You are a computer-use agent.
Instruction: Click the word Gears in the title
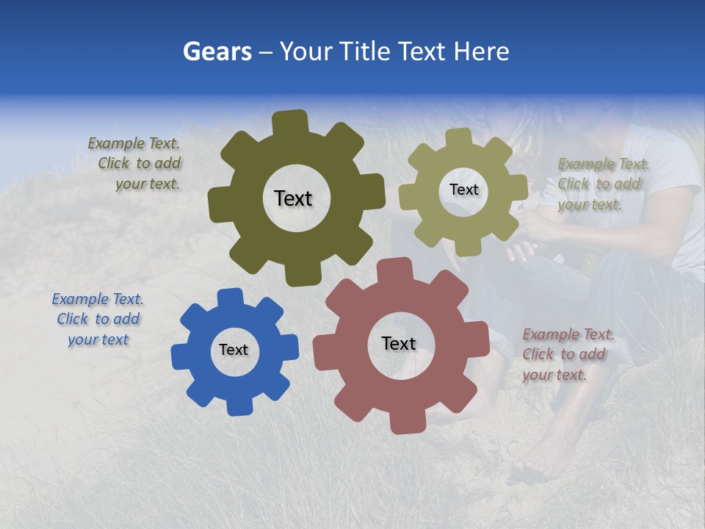tap(217, 51)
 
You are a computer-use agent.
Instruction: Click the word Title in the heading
tap(365, 51)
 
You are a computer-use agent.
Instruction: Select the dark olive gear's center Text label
tap(293, 198)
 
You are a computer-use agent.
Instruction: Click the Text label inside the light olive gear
tap(463, 190)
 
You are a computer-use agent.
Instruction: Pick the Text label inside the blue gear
tap(234, 350)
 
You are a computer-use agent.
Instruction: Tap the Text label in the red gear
tap(398, 343)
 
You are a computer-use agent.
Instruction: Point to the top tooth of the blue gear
tap(230, 298)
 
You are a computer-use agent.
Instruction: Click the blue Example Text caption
tap(98, 319)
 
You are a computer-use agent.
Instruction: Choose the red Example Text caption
tap(568, 354)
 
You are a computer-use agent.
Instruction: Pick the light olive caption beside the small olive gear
tap(603, 184)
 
